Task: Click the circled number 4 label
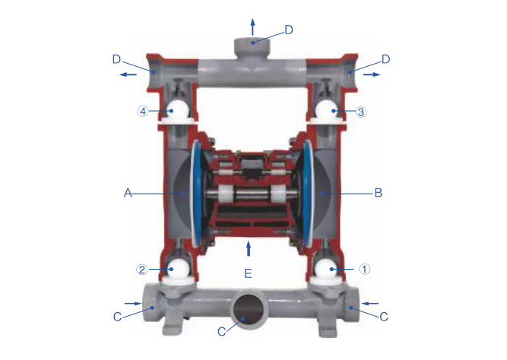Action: pos(143,112)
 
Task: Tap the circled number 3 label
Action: pos(361,112)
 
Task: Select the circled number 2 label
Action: pos(141,270)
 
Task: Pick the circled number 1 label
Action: pos(364,269)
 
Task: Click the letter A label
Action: pos(128,193)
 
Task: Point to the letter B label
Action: pos(379,193)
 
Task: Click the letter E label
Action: pos(248,273)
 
